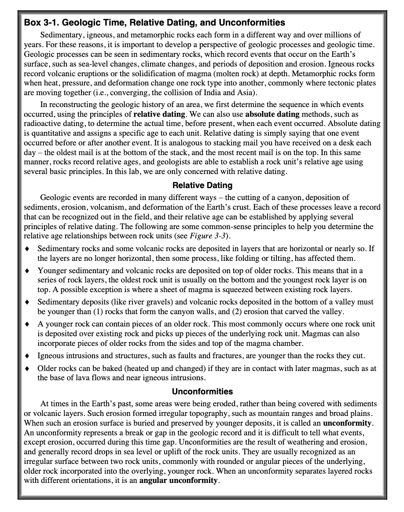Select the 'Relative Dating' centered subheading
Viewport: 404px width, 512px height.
point(202,186)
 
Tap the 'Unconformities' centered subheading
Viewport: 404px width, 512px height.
point(202,391)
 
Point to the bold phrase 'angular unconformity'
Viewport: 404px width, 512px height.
point(178,480)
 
